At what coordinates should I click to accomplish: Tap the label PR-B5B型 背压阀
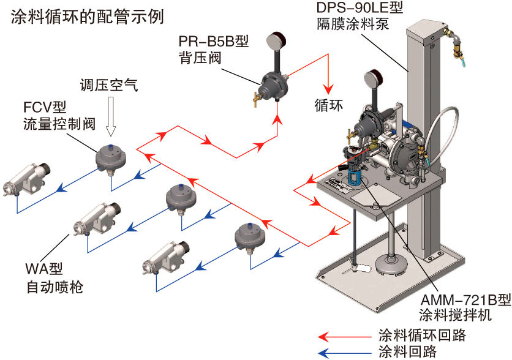tap(214, 50)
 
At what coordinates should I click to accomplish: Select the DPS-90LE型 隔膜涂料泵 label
tap(361, 17)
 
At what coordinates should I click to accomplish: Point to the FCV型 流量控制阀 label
tap(59, 116)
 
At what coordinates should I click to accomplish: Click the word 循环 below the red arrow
tap(329, 104)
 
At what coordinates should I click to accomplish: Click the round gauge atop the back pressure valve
tap(272, 41)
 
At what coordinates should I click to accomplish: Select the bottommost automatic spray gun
tap(165, 257)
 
